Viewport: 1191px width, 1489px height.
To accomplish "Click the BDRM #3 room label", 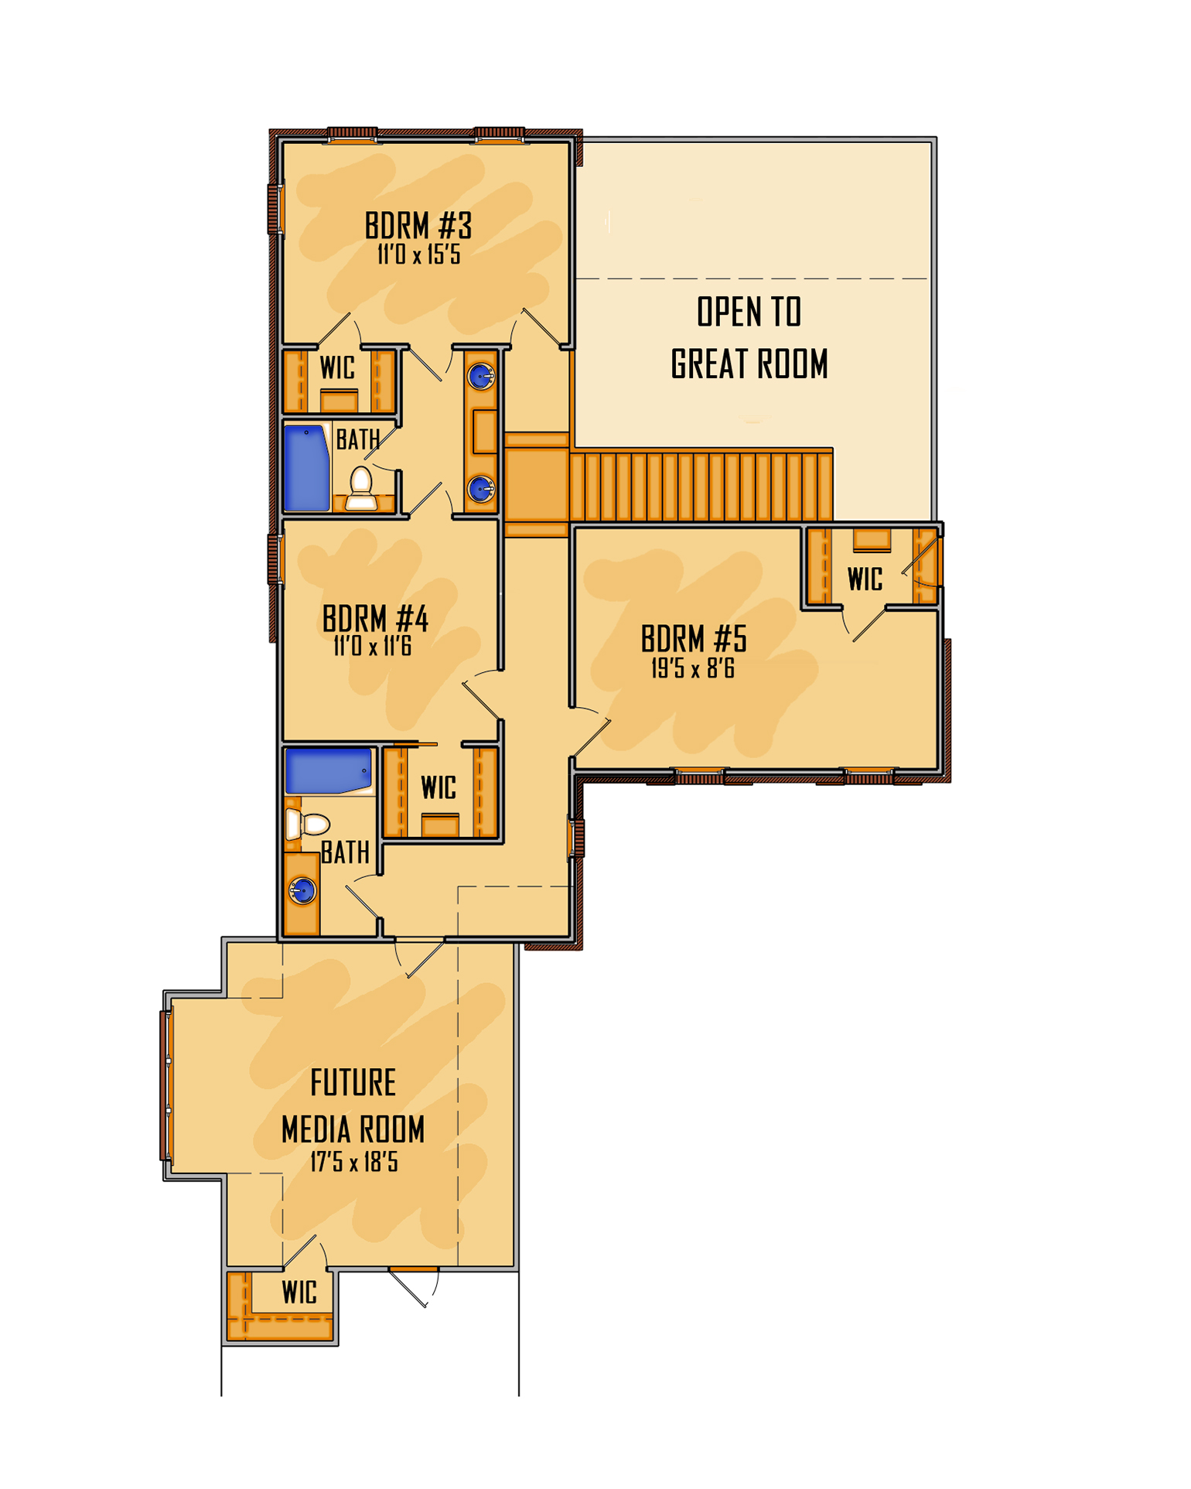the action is coord(418,226).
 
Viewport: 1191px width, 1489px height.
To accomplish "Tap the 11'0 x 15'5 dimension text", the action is coord(419,254).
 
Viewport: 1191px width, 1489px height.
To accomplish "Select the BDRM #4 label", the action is coord(375,619).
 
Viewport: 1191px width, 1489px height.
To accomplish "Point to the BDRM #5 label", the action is coord(694,639).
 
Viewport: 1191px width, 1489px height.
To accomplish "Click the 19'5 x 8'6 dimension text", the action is coord(693,668).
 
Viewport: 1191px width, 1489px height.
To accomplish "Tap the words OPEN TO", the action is coord(749,312).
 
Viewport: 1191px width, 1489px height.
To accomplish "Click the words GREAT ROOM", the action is coord(749,364).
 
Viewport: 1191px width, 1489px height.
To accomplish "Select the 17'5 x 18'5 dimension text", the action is coord(354,1162).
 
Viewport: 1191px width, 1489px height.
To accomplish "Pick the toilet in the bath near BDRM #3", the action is coord(361,488).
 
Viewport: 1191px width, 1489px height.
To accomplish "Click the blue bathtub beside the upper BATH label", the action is coord(307,468).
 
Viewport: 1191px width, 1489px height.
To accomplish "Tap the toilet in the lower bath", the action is coord(308,825).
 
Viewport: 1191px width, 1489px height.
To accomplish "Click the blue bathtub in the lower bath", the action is coord(329,770).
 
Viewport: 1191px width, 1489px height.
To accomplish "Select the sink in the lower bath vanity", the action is coord(302,891).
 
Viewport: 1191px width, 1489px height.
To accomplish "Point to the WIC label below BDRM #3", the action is coord(338,367).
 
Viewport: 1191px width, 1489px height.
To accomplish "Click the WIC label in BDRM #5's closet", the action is coord(865,579).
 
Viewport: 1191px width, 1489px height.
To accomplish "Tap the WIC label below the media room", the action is coord(299,1293).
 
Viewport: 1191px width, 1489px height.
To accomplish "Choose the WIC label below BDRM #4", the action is coord(439,788).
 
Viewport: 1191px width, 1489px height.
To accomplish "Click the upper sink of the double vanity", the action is coord(481,377).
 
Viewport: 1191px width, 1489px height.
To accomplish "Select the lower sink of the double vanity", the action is coord(481,489).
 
